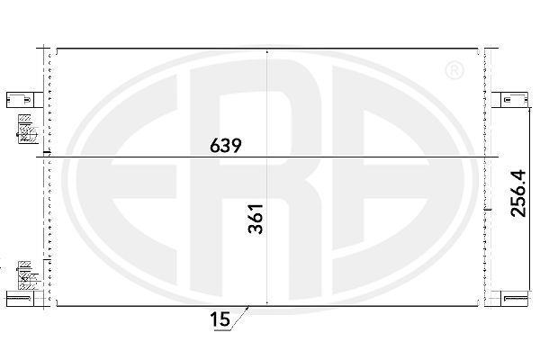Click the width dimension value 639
click(x=226, y=146)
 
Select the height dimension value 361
click(x=256, y=219)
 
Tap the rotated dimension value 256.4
click(x=518, y=193)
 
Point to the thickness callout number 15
click(x=220, y=319)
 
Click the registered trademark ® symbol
click(x=454, y=70)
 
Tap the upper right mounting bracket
click(x=509, y=100)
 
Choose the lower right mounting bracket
click(x=509, y=298)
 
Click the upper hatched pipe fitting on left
click(x=27, y=130)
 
